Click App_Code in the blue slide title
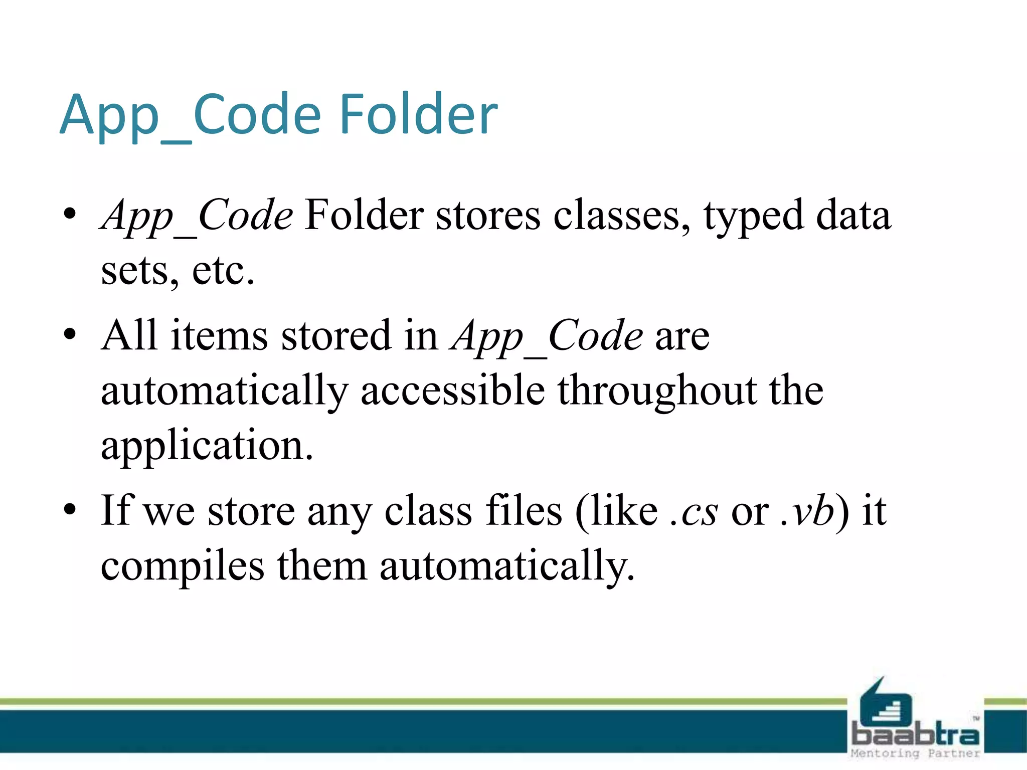[x=190, y=116]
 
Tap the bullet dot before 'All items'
[x=70, y=334]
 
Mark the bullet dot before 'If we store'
[x=70, y=509]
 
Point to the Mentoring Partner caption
[x=915, y=753]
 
